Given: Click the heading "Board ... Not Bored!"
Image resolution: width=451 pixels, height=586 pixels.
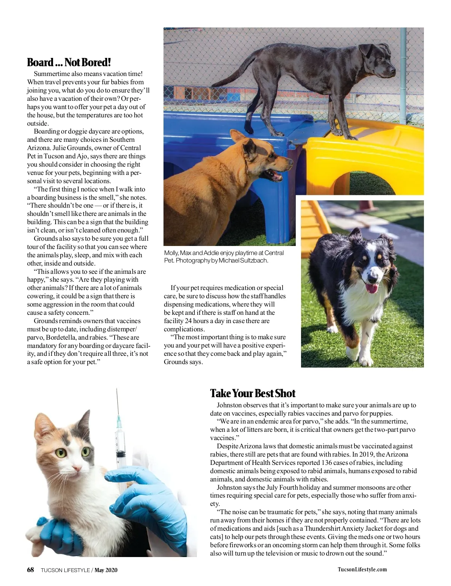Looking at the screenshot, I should coord(69,62).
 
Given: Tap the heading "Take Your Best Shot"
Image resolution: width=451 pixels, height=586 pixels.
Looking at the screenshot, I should coord(253,393).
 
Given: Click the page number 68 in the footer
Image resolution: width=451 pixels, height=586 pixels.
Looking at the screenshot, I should coord(30,570).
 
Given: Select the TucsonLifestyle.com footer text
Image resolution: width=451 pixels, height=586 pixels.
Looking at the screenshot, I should coord(362,569).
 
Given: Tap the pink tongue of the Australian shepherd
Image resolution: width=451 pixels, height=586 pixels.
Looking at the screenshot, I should coord(372,288).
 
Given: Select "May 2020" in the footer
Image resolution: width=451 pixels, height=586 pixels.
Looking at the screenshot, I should coord(106,570).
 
